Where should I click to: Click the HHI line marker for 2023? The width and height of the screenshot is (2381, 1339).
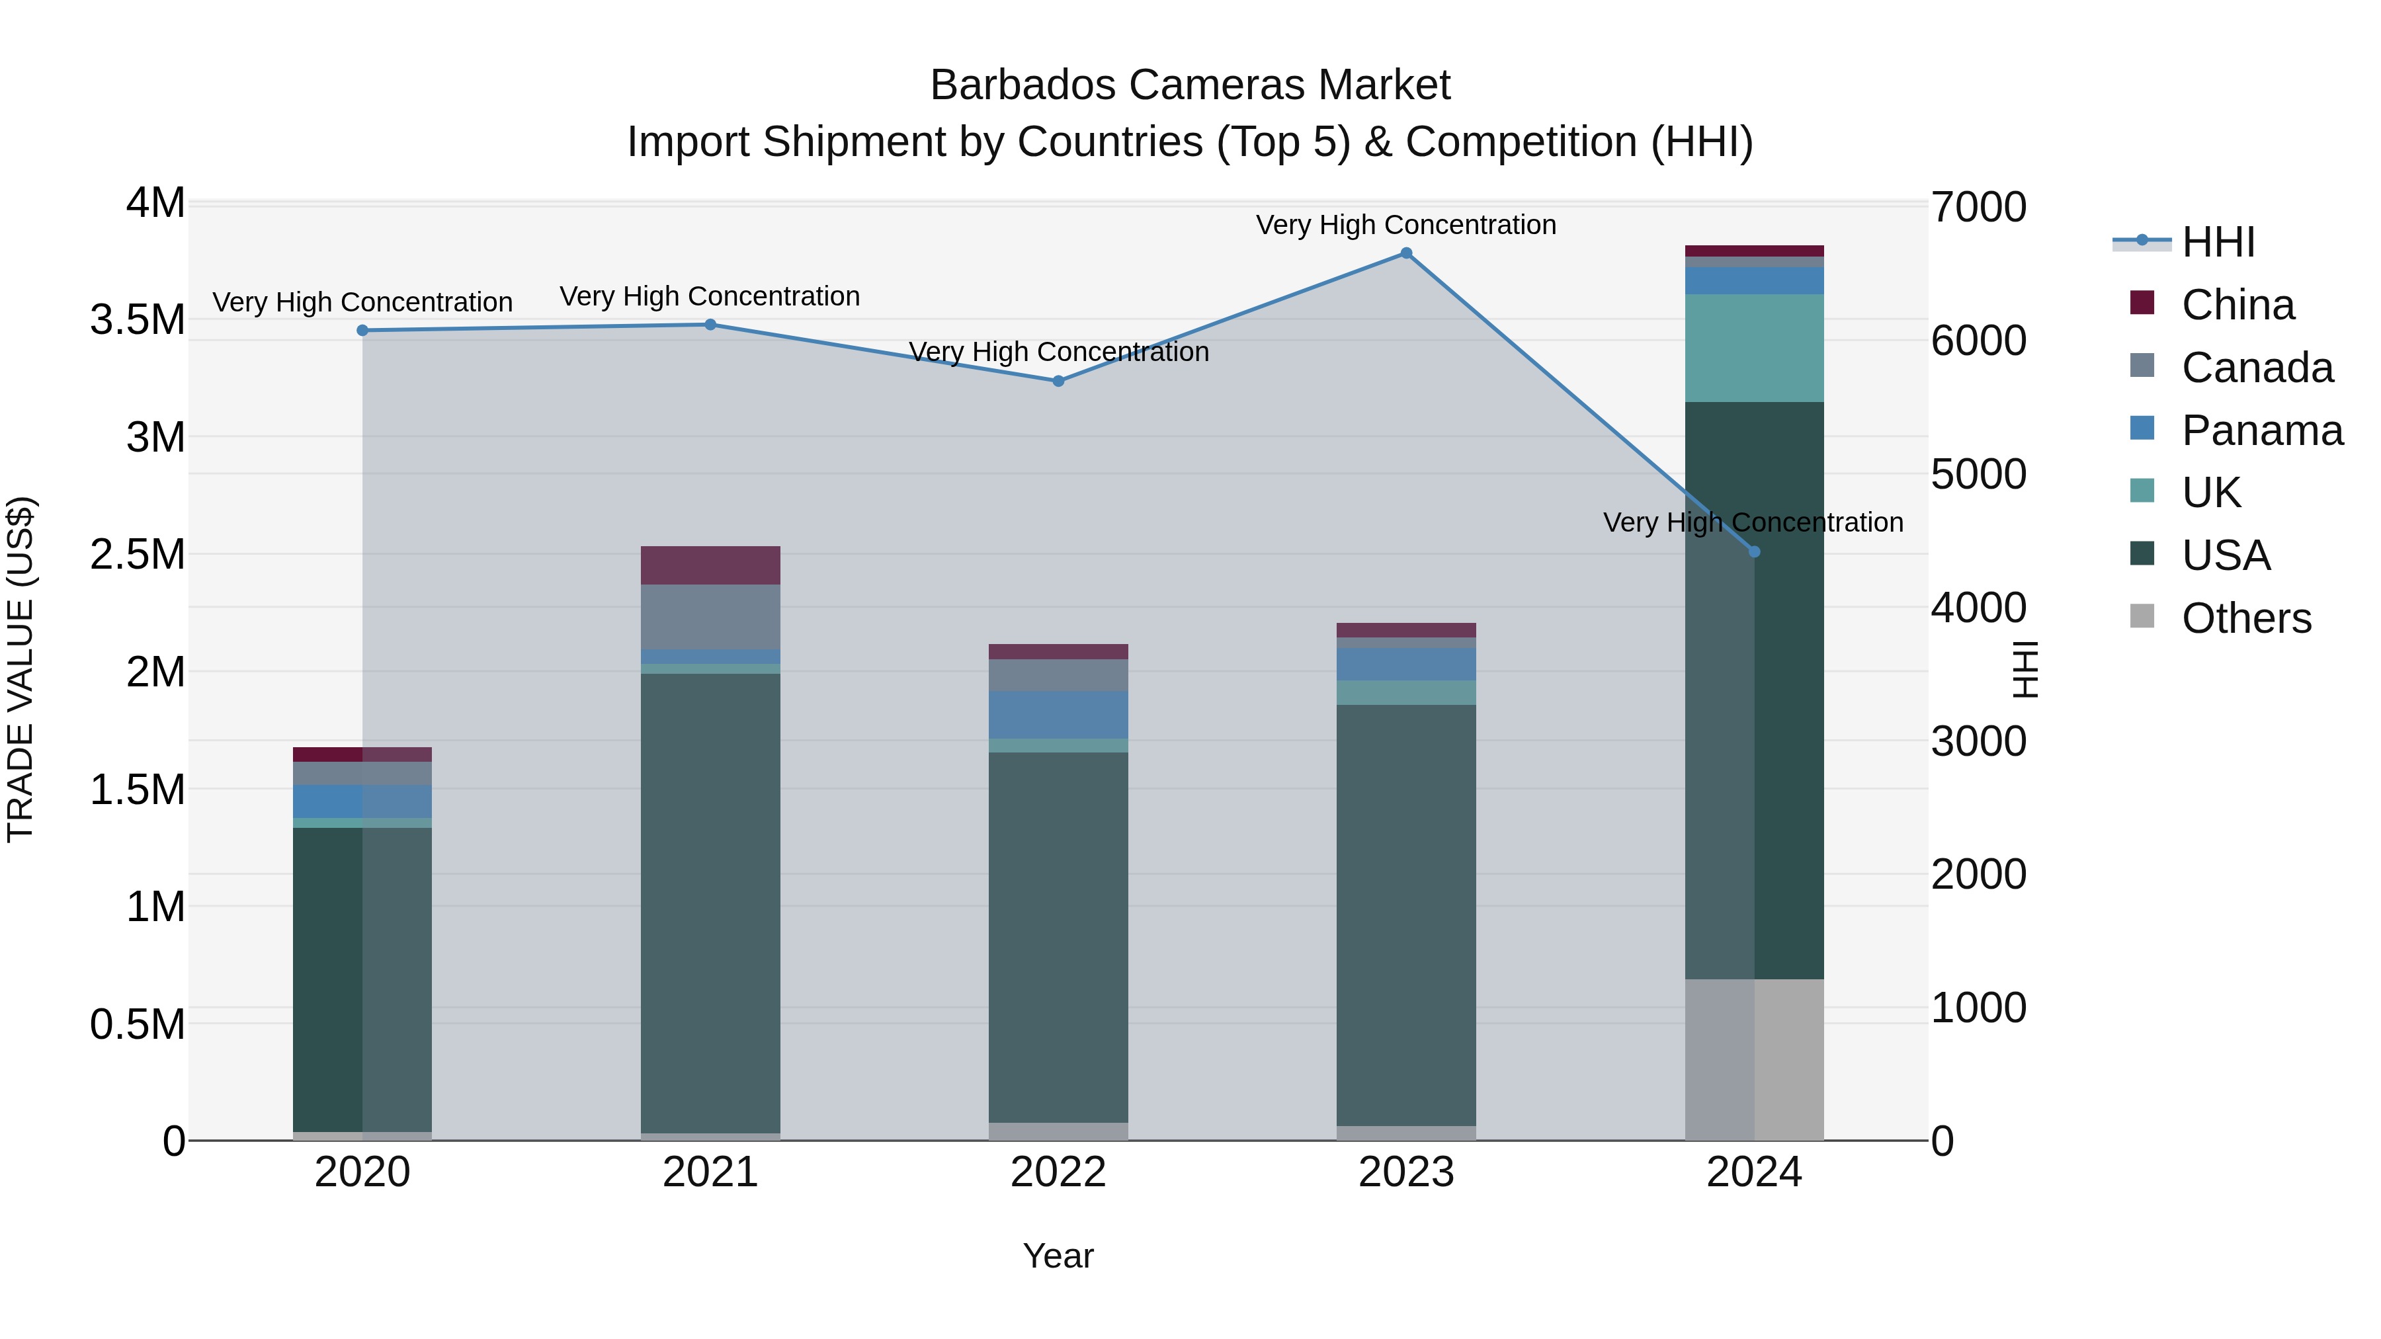tap(1406, 253)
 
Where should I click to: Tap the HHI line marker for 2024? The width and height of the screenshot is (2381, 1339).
tap(1754, 551)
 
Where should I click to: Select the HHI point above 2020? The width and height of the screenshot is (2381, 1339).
tap(362, 331)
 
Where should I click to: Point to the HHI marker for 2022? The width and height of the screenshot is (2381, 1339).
tap(1058, 381)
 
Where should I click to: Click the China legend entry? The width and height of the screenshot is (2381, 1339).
tap(2237, 305)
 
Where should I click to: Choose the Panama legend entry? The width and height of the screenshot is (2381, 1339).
tap(2261, 430)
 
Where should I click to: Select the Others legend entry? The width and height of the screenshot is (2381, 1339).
tap(2245, 618)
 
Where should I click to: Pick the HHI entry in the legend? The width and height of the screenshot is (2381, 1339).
tap(2218, 242)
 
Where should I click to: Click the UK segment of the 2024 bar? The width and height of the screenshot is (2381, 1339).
tap(1754, 348)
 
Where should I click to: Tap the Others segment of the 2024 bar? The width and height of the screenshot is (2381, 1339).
tap(1754, 1059)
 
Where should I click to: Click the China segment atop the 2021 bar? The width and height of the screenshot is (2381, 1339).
tap(710, 565)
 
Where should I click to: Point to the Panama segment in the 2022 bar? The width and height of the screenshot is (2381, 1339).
tap(1058, 715)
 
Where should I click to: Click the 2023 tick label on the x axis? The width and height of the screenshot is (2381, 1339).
tap(1406, 1172)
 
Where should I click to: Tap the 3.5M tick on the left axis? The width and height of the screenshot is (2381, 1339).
tap(138, 320)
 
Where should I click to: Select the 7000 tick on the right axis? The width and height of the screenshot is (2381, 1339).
tap(1978, 207)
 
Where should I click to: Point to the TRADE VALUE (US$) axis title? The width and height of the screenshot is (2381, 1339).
tap(21, 669)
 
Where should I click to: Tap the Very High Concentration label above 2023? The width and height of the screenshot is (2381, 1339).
tap(1406, 225)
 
